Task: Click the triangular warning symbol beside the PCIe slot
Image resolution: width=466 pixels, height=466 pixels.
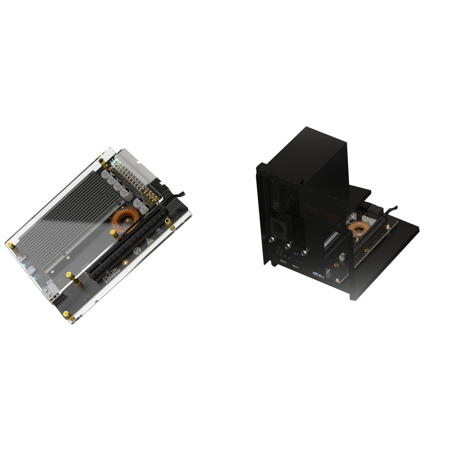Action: (149, 241)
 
